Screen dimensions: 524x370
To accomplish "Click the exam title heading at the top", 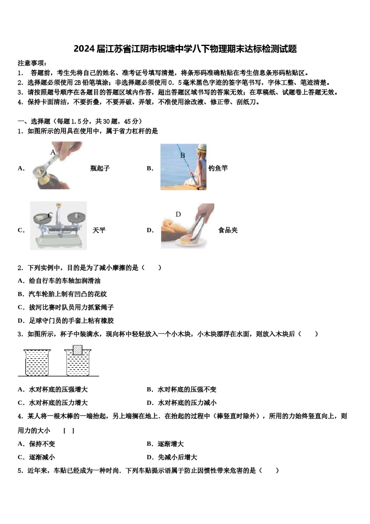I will (185, 49).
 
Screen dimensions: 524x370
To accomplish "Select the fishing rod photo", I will (183, 167).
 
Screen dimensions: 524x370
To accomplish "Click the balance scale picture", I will (58, 226).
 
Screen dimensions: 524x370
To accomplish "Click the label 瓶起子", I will (100, 168).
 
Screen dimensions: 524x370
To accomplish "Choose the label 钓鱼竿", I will (218, 168).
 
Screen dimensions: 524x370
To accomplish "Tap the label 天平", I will (99, 230).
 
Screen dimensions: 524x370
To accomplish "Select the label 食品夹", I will (228, 230).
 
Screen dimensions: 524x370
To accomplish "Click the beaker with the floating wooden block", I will (78, 363).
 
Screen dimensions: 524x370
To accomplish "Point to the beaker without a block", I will (37, 363).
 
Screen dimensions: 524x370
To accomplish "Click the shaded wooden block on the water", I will (78, 349).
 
